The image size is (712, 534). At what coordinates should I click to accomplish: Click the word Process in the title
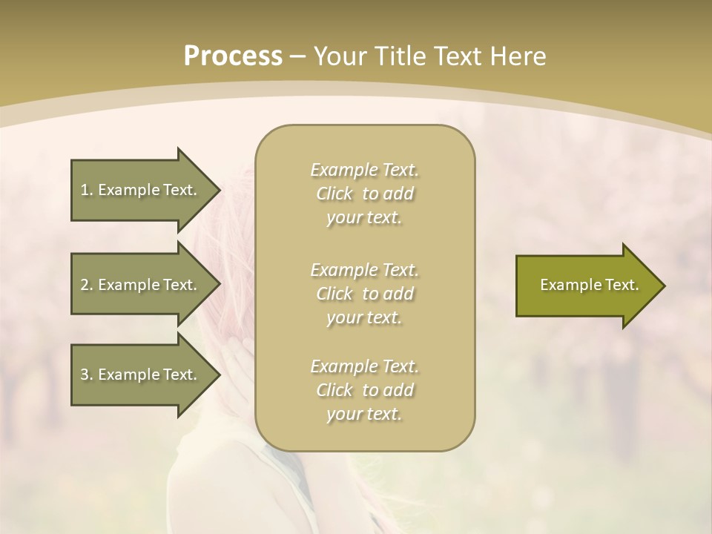[x=233, y=56]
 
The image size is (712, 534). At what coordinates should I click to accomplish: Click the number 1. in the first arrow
[x=87, y=190]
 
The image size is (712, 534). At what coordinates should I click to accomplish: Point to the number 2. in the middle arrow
[x=87, y=285]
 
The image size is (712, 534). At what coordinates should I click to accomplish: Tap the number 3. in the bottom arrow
[x=87, y=375]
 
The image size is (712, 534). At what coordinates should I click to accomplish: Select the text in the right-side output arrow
[x=589, y=285]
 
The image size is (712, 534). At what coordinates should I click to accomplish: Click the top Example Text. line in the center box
[x=364, y=170]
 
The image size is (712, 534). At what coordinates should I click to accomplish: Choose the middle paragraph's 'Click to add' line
[x=364, y=294]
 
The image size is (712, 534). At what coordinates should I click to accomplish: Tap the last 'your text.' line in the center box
[x=364, y=414]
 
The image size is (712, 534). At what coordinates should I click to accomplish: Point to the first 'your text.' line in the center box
[x=364, y=218]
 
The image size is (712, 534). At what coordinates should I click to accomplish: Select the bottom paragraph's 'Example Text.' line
[x=364, y=366]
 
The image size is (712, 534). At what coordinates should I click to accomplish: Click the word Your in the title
[x=340, y=56]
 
